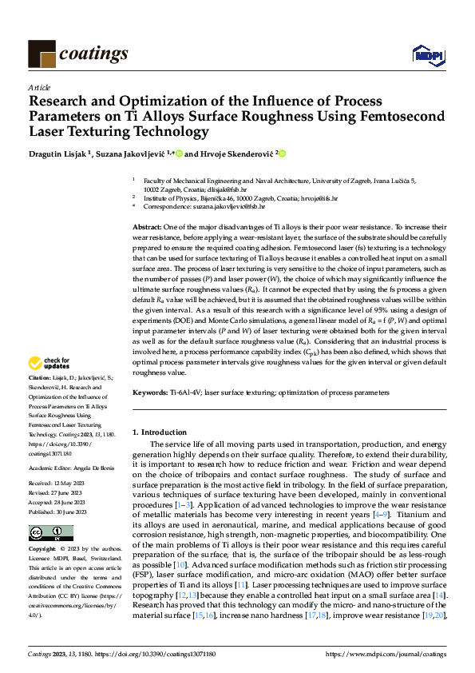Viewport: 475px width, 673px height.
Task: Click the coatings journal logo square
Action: click(42, 54)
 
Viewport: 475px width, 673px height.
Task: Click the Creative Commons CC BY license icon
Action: click(50, 533)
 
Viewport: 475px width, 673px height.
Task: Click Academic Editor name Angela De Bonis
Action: click(94, 468)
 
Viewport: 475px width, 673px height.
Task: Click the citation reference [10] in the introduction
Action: click(181, 565)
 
